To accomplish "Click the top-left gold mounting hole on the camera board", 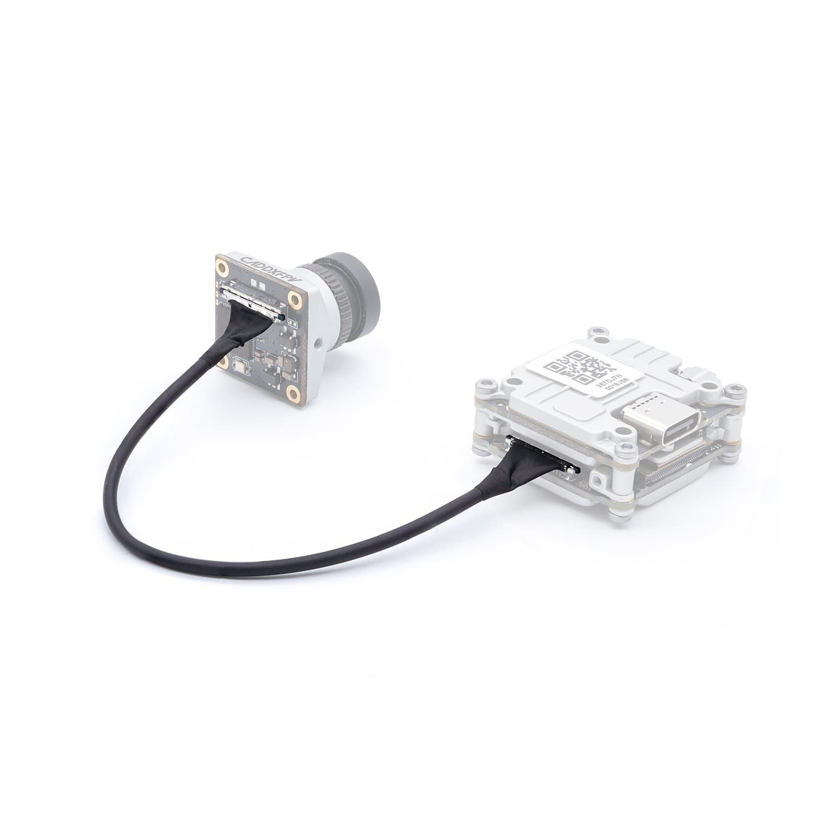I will pos(223,267).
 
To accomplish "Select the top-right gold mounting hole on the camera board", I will pos(295,299).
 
